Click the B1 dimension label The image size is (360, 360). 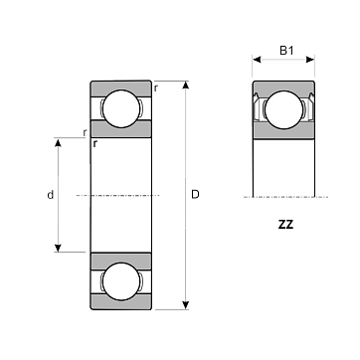click(x=286, y=51)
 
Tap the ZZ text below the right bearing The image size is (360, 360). click(x=285, y=225)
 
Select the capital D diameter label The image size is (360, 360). click(x=195, y=195)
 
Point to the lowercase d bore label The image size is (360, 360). click(x=50, y=195)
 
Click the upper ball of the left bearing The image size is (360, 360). click(x=121, y=108)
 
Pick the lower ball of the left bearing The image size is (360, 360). click(x=121, y=281)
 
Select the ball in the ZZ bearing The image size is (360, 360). click(x=284, y=109)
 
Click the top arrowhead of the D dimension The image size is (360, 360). click(x=186, y=85)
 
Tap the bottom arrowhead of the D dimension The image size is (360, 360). click(x=186, y=305)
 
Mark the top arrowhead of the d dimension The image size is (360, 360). click(x=58, y=142)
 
